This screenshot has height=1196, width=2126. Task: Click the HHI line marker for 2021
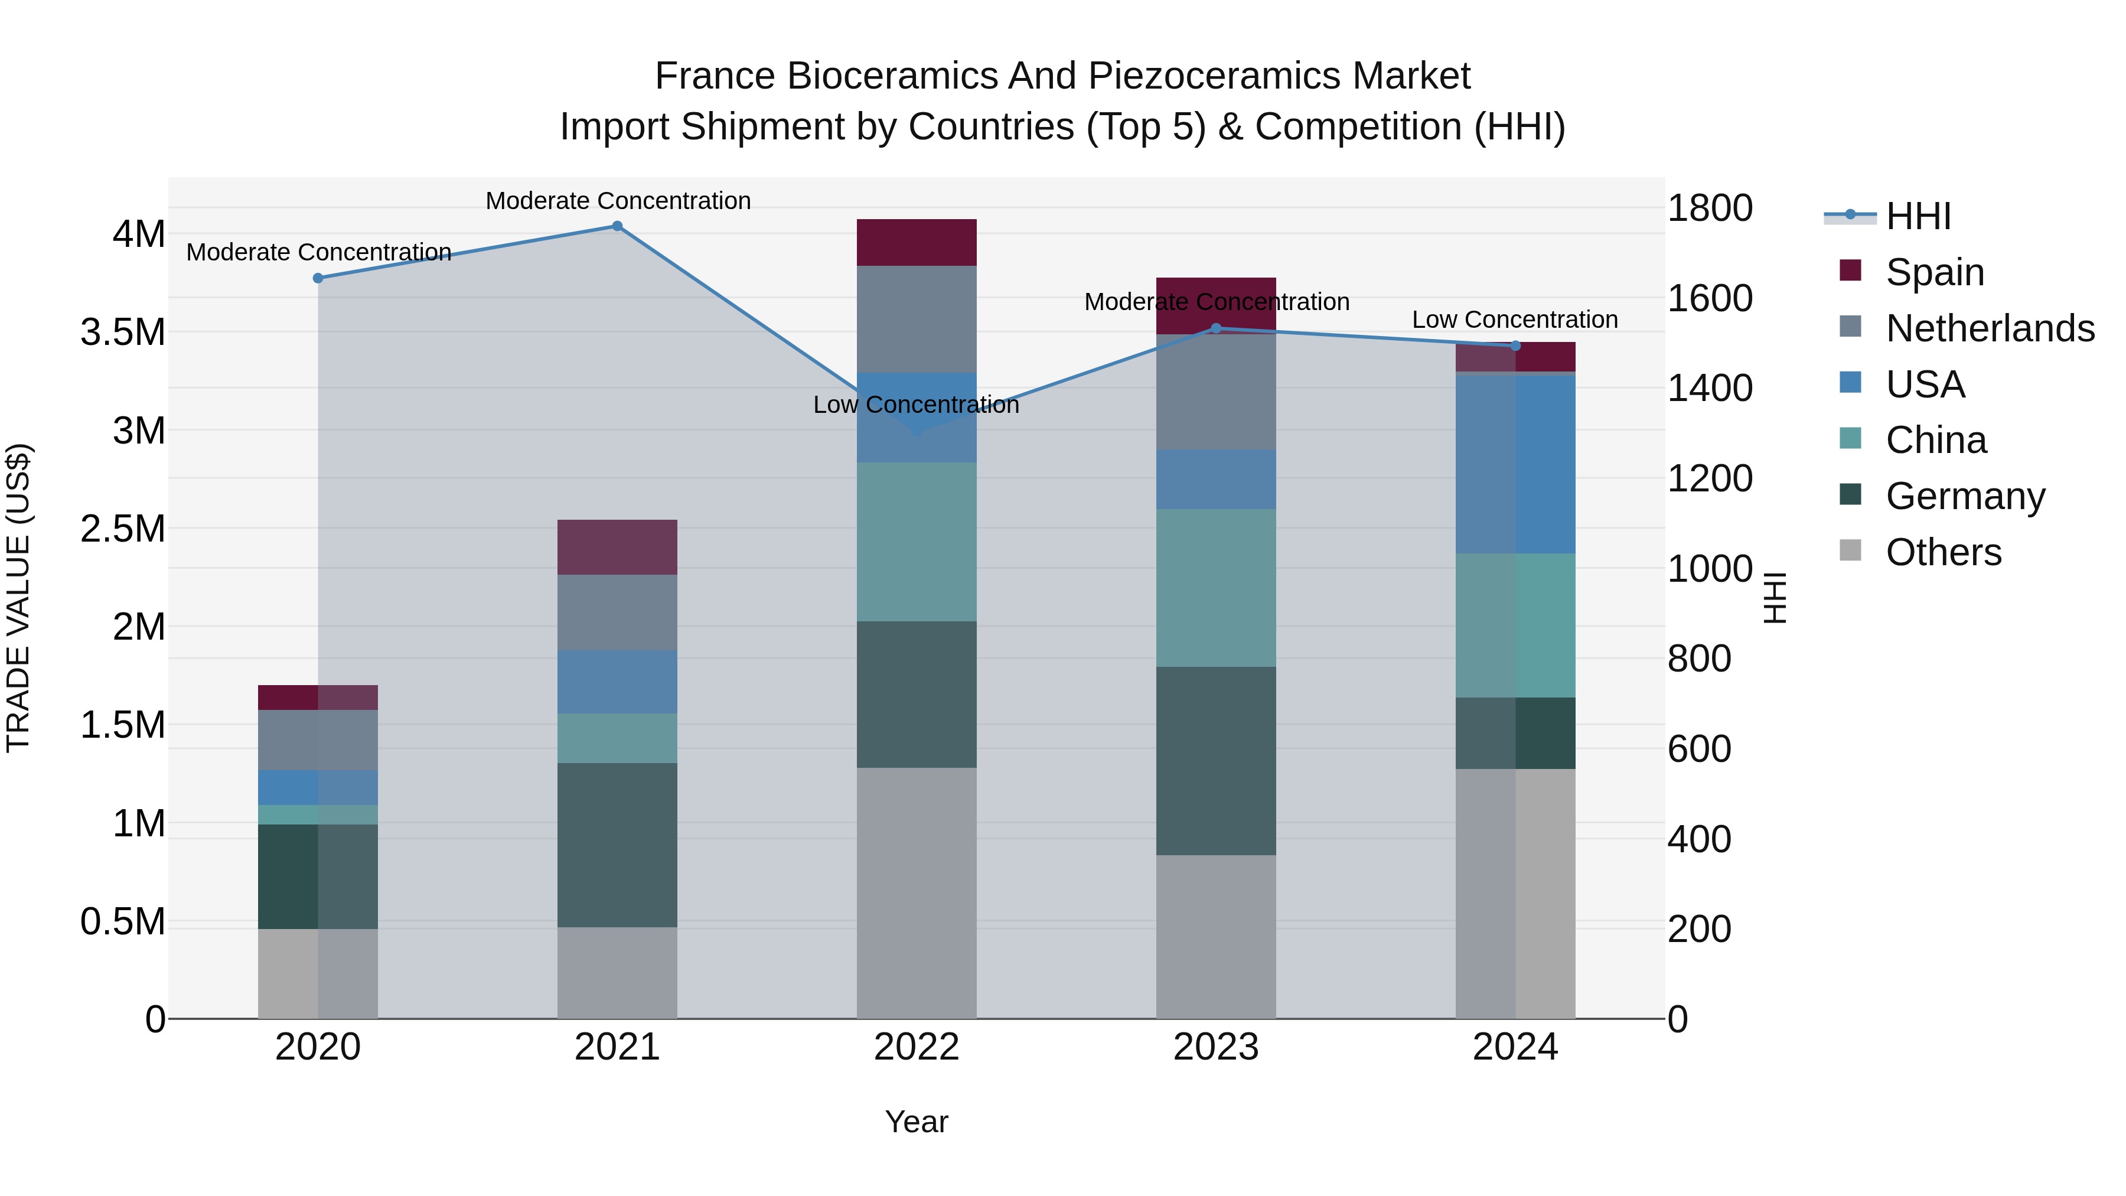coord(617,226)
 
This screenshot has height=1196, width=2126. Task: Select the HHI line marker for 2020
coord(318,278)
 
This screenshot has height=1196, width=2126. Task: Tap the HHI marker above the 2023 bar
coord(1216,328)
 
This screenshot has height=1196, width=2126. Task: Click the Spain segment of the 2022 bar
coord(916,242)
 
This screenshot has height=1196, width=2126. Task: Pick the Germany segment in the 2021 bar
coord(617,845)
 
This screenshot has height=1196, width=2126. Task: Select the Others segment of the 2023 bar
coord(1216,937)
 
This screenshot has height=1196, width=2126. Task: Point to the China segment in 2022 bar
coord(916,542)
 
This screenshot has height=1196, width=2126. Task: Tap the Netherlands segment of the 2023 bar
coord(1216,392)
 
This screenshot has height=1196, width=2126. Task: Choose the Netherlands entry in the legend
coord(1990,328)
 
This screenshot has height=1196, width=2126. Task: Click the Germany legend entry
coord(1965,496)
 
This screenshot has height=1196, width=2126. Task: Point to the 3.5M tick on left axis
coord(122,333)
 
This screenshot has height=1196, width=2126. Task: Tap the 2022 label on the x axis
coord(916,1047)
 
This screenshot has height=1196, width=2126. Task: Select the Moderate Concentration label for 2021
coord(617,201)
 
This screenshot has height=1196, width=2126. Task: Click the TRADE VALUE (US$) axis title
coord(18,598)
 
